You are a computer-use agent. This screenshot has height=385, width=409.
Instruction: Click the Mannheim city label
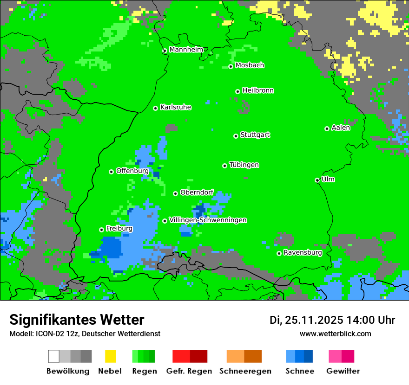coord(186,50)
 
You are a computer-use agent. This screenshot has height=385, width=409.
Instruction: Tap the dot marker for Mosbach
coord(231,66)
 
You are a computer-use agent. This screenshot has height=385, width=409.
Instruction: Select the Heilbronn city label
coord(258,90)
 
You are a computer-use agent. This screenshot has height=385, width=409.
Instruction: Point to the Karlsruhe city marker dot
coord(156,108)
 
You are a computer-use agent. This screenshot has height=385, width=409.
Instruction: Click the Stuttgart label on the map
coord(255,135)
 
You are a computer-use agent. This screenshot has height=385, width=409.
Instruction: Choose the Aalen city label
coord(341,128)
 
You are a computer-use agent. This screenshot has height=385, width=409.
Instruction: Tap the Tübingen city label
coord(244,165)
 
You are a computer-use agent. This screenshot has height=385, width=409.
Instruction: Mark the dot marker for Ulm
coord(317,180)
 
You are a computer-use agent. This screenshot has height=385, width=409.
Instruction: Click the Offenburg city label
coord(132,171)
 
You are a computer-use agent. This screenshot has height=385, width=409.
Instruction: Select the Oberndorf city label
coord(197,192)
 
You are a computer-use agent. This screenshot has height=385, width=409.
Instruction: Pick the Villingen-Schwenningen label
coord(208,220)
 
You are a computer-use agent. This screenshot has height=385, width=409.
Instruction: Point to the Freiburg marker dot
coord(101,230)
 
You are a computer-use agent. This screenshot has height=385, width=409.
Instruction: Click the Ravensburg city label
coord(303,252)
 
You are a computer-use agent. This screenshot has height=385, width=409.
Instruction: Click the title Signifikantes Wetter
coord(77,320)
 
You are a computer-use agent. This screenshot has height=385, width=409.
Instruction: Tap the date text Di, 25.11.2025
coord(306,320)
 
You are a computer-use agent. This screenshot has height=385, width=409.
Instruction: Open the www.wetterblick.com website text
coord(335,334)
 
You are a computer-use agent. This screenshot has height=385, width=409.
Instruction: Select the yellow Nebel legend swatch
coord(110,356)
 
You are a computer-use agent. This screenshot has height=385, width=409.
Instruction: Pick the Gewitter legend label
coord(343,371)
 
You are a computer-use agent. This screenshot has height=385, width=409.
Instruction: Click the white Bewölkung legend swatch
coord(54,356)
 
